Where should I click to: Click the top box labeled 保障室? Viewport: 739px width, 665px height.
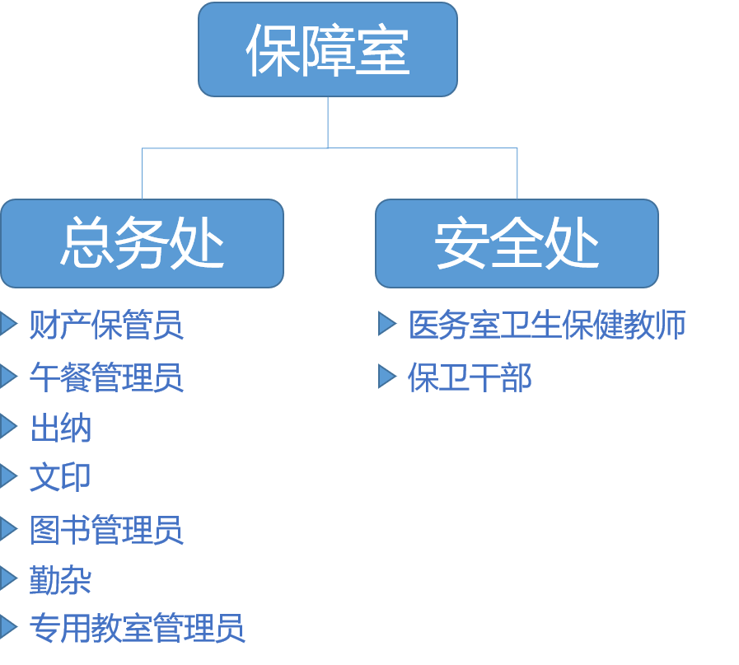click(x=327, y=49)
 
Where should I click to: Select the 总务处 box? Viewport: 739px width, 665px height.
click(x=142, y=243)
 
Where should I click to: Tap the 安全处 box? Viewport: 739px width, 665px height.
click(x=517, y=243)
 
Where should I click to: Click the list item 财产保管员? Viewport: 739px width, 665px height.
click(x=106, y=325)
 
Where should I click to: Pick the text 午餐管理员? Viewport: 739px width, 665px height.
click(x=106, y=377)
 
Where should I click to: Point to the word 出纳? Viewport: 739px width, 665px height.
click(x=60, y=428)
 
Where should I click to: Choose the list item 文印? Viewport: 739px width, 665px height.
click(x=60, y=477)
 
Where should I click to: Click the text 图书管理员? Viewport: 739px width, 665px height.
click(x=106, y=529)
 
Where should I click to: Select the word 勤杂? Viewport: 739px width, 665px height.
click(x=60, y=579)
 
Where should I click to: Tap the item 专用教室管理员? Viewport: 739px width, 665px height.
click(x=137, y=629)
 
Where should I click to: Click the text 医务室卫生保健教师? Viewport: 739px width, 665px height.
click(x=547, y=325)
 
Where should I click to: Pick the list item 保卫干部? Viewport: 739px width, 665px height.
click(x=470, y=377)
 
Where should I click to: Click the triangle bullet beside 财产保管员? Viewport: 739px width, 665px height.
click(x=9, y=324)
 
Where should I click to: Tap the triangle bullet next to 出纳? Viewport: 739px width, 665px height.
click(x=9, y=427)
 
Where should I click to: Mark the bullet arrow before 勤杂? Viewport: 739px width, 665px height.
click(x=9, y=578)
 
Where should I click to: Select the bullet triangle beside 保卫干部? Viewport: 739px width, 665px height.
click(x=387, y=376)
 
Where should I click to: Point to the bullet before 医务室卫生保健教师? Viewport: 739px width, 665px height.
click(x=387, y=324)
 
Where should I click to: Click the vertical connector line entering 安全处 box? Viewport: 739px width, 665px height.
click(x=517, y=174)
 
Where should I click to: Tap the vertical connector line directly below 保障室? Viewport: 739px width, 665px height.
click(x=328, y=122)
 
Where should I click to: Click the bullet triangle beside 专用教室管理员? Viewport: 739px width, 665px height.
click(x=9, y=628)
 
